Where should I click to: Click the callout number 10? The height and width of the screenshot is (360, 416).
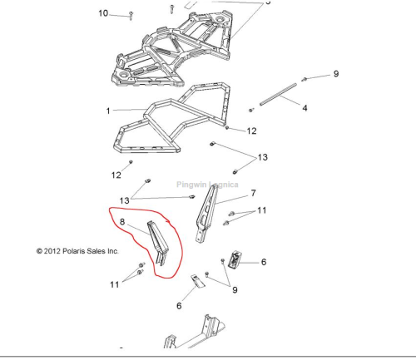(x=103, y=13)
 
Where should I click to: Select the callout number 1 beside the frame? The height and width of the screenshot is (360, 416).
(x=108, y=111)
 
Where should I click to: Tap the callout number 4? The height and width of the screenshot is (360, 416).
(x=305, y=108)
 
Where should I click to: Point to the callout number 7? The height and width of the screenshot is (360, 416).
(x=253, y=193)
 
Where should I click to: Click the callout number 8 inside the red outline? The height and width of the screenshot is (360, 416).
(x=122, y=222)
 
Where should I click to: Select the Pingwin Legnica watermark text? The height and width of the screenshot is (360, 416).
(x=207, y=185)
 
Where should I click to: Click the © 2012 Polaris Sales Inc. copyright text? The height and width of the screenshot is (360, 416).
(x=77, y=251)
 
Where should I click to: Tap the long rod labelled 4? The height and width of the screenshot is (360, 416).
(x=278, y=94)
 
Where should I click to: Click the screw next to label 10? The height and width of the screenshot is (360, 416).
(x=131, y=16)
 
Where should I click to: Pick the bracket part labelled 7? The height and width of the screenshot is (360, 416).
(x=206, y=214)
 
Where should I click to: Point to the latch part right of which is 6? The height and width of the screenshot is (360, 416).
(x=234, y=260)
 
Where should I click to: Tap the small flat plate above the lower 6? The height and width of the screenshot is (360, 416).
(x=198, y=280)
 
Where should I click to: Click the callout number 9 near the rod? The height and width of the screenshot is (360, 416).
(x=336, y=74)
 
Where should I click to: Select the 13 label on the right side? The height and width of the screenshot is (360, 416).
(x=262, y=157)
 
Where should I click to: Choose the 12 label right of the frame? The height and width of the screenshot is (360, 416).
(x=251, y=131)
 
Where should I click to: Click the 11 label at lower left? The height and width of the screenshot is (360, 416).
(x=115, y=284)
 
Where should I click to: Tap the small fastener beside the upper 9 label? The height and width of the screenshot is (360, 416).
(x=304, y=80)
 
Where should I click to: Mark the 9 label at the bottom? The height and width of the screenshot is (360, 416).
(x=235, y=290)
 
